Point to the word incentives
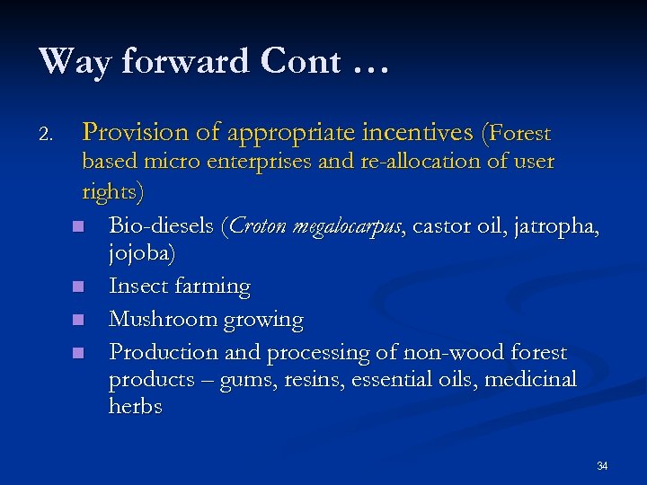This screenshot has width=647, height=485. pos(416,133)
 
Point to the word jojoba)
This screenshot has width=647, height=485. pos(142,255)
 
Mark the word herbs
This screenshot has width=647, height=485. pos(136,407)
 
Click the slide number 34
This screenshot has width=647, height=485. pos(602,465)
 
